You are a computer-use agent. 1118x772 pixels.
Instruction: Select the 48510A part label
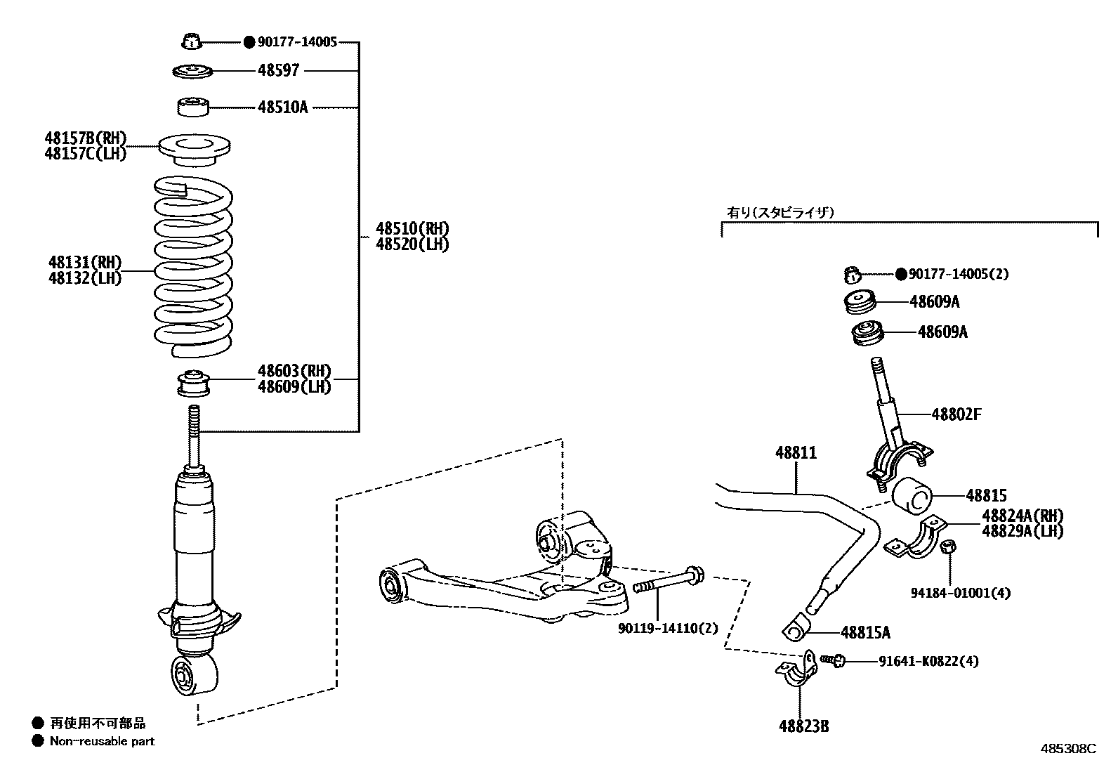click(282, 107)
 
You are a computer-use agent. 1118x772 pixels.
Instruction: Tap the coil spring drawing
click(193, 267)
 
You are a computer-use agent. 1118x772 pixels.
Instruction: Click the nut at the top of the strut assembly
click(191, 42)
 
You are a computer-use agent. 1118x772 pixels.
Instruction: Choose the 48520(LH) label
click(412, 244)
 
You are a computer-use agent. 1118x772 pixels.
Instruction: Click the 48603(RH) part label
click(294, 371)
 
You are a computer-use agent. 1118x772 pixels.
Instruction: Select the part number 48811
click(796, 453)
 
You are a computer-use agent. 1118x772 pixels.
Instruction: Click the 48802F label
click(956, 414)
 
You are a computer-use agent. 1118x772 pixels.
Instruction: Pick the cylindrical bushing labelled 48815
click(912, 496)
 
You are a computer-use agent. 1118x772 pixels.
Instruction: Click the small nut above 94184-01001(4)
click(947, 547)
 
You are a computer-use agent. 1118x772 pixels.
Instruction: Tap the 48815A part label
click(864, 633)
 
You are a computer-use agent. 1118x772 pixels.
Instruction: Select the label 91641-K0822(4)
click(928, 661)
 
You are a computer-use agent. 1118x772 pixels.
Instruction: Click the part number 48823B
click(803, 726)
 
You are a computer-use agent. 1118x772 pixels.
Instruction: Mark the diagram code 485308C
click(1067, 749)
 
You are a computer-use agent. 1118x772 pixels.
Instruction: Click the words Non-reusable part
click(102, 741)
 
